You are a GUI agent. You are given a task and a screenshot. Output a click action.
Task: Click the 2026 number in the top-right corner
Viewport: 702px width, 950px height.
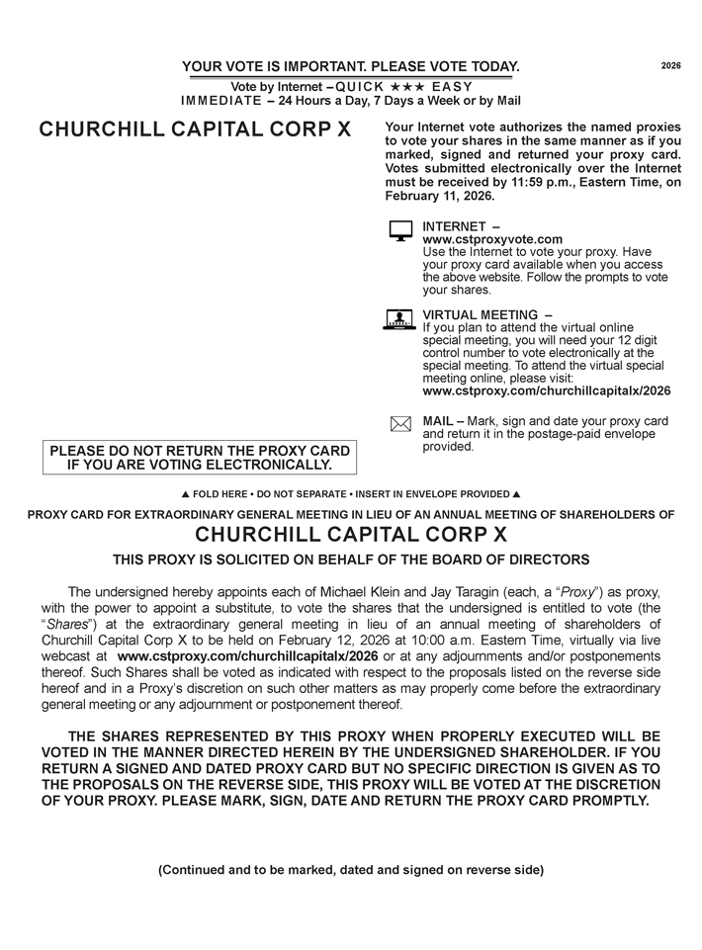tap(670, 65)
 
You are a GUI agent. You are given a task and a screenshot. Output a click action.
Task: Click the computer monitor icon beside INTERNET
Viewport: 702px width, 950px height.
tap(400, 231)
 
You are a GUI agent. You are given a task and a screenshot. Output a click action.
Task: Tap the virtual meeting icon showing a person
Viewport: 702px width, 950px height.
tap(398, 319)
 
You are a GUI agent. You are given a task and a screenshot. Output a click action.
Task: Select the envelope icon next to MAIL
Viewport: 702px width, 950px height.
tap(400, 424)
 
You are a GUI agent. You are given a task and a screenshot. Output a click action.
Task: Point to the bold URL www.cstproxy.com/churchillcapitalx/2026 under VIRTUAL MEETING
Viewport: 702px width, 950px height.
tap(546, 390)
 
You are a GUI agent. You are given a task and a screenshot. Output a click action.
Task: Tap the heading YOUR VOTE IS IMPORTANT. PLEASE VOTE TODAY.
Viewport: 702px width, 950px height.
tap(351, 66)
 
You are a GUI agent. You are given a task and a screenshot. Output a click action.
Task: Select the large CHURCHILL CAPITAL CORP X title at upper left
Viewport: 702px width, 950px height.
tap(195, 130)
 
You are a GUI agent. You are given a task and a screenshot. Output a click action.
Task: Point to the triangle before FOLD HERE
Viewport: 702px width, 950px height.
tap(186, 494)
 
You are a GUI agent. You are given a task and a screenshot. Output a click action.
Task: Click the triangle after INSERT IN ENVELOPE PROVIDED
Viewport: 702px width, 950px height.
tap(516, 494)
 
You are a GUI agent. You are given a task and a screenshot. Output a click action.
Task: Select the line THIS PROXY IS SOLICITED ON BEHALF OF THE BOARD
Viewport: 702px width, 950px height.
tap(351, 560)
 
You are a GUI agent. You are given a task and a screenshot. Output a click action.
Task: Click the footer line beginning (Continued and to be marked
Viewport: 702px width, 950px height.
tap(351, 870)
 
